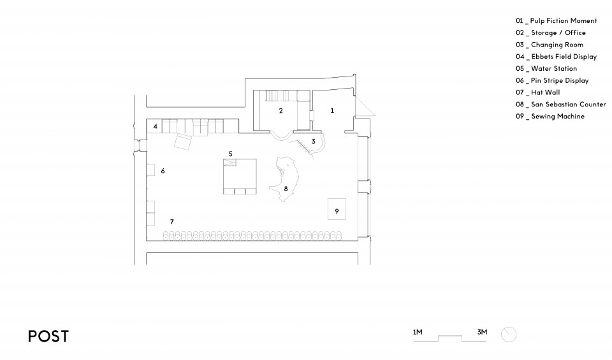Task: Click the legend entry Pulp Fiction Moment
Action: (556, 20)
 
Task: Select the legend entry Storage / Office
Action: (551, 32)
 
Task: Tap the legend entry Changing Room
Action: (550, 45)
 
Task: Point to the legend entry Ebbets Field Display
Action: (556, 57)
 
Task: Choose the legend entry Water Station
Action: (546, 69)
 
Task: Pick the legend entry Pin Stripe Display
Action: (552, 80)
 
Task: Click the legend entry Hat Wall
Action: (538, 92)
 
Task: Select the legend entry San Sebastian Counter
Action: (561, 104)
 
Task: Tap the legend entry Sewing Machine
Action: (550, 116)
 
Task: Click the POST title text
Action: (48, 336)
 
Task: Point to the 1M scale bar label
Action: (418, 333)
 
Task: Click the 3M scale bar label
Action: (482, 333)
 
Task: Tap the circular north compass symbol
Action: (509, 335)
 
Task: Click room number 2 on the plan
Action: (280, 111)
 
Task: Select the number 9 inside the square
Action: (337, 212)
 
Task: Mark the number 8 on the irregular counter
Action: (286, 189)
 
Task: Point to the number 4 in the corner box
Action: (156, 126)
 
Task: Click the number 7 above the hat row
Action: (171, 222)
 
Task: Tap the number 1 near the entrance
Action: (332, 111)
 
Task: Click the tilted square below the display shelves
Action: (183, 141)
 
